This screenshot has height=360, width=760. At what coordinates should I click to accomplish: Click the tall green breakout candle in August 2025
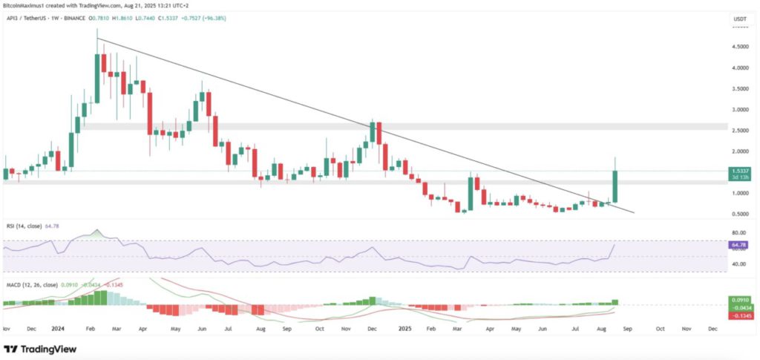[615, 186]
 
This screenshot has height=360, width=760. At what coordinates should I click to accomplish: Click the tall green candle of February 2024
[96, 74]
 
